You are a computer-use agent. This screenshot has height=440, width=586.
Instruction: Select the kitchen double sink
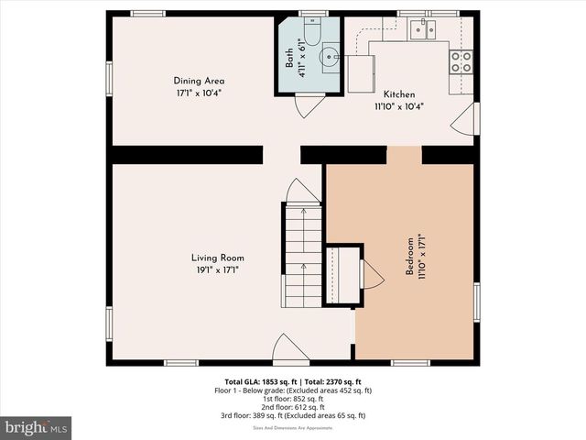tap(422, 30)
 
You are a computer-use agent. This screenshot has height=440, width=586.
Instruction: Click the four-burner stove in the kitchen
tap(461, 61)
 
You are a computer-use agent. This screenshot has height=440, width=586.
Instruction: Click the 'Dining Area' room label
tap(199, 81)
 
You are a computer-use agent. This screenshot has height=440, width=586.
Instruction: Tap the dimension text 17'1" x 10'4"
tap(199, 93)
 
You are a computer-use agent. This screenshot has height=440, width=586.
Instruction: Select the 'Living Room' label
tap(217, 258)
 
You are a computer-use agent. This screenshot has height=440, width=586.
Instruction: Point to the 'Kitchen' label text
tap(399, 94)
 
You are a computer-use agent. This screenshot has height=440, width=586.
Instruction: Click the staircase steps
tap(302, 257)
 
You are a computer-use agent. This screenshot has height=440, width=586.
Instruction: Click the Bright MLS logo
tap(37, 427)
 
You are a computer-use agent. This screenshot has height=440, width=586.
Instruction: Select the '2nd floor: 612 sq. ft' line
tap(293, 407)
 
